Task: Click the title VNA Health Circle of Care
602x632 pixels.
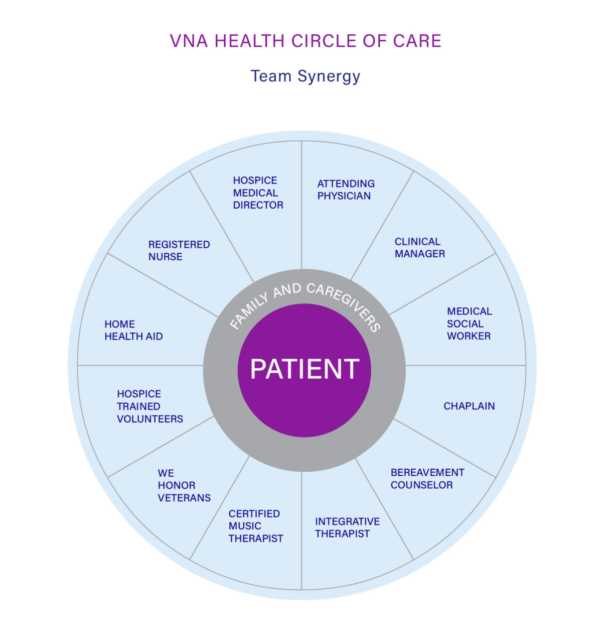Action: (306, 41)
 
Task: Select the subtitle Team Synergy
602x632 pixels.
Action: (306, 76)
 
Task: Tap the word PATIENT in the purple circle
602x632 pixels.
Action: (305, 369)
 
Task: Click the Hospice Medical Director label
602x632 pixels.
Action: (258, 193)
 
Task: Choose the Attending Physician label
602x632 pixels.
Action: (346, 190)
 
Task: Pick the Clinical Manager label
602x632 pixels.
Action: (419, 248)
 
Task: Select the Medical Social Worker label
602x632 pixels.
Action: (469, 324)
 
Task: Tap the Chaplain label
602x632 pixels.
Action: (469, 406)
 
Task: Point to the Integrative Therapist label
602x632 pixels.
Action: (347, 528)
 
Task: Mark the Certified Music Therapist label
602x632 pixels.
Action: (256, 526)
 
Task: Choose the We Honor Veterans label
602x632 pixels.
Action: (184, 485)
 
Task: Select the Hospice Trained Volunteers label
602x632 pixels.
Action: (150, 406)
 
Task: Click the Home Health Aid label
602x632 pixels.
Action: (133, 331)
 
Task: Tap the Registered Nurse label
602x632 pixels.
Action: (179, 251)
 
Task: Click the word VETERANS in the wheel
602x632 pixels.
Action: (184, 498)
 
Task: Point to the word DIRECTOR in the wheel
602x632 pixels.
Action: (258, 205)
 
